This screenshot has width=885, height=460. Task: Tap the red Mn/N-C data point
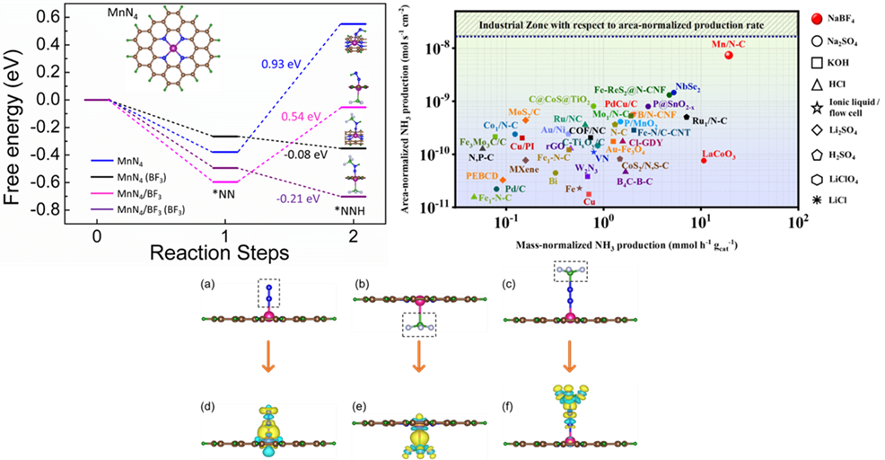[728, 56]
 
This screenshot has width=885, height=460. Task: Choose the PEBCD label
[482, 176]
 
